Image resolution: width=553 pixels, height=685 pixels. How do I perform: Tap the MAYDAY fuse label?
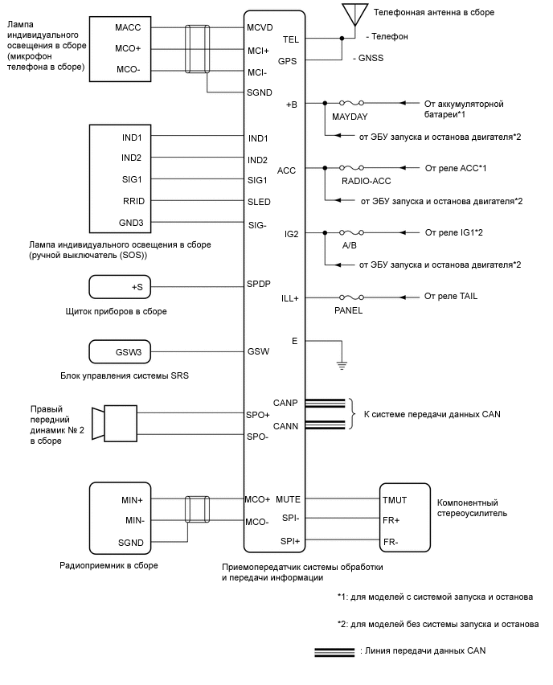tap(349, 117)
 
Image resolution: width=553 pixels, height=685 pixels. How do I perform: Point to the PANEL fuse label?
tap(349, 310)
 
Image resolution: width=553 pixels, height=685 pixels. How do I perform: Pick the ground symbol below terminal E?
tap(341, 364)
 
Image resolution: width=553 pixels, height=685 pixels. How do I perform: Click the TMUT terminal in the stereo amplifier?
tap(395, 499)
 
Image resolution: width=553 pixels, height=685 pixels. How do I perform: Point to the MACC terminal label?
tap(129, 28)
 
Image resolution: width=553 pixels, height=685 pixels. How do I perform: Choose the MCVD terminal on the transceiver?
tap(260, 28)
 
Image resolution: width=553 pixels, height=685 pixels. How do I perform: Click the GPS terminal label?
tap(288, 60)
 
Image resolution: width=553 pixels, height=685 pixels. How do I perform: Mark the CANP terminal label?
tap(286, 403)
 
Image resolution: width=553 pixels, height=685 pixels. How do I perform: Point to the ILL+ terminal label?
tap(289, 297)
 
